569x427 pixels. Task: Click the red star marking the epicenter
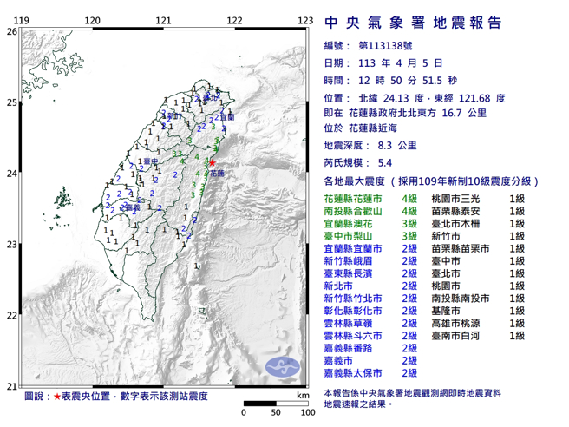212,162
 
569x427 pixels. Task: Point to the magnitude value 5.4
388,162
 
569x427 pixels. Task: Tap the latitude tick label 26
11,31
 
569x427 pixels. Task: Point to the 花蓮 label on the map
216,174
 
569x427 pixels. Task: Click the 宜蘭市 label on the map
226,117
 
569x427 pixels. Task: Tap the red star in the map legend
57,397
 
